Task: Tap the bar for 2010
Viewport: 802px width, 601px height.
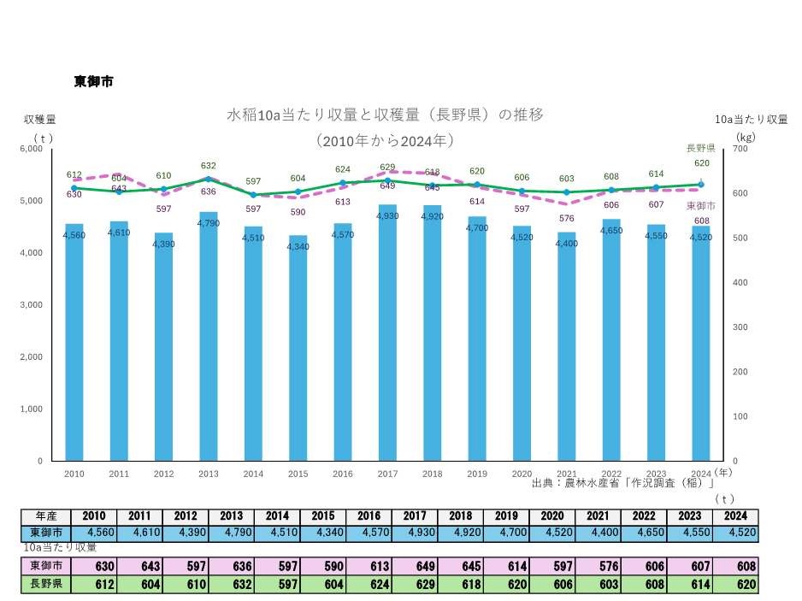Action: tap(74, 342)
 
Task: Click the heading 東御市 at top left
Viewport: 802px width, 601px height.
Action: tap(93, 81)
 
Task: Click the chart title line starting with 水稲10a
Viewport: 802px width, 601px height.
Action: tap(384, 114)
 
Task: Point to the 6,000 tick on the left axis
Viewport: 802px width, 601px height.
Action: tap(30, 149)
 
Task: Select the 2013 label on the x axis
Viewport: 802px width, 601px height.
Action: tap(208, 473)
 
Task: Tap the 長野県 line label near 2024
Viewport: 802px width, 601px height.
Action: tap(701, 148)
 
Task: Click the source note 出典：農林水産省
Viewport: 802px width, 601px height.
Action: tap(622, 483)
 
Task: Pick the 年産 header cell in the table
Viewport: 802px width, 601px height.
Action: tap(46, 516)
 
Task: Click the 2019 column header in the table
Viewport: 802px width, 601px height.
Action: tap(506, 516)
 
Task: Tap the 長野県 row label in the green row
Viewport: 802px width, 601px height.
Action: tap(46, 585)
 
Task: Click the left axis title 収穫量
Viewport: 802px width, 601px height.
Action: tap(39, 119)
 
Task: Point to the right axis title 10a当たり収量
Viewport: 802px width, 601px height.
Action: tap(751, 119)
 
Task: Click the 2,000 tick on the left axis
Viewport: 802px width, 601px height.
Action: tap(30, 356)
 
